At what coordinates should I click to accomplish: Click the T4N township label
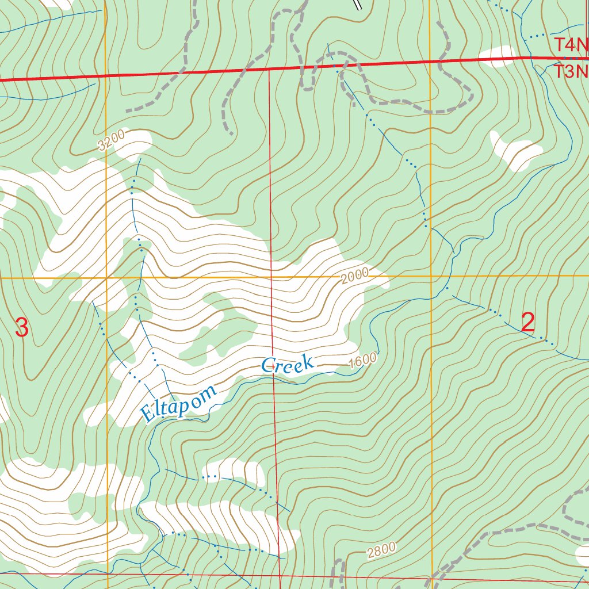[x=572, y=44]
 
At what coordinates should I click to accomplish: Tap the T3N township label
[x=572, y=71]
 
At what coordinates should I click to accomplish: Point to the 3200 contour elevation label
[x=111, y=141]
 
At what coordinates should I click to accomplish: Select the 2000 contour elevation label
[x=354, y=277]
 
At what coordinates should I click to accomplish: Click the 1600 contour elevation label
[x=363, y=360]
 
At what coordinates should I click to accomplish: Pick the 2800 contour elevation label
[x=381, y=550]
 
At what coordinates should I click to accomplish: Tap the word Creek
[x=288, y=364]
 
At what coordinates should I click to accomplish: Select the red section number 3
[x=21, y=328]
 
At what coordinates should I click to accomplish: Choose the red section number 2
[x=528, y=323]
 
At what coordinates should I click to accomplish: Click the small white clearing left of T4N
[x=498, y=56]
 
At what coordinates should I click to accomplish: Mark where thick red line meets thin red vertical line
[x=269, y=70]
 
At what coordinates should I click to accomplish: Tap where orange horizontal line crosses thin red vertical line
[x=272, y=277]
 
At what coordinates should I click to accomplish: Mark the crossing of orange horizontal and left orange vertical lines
[x=107, y=278]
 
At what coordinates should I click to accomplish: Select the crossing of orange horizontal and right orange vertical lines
[x=431, y=276]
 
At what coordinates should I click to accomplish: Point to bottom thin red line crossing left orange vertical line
[x=108, y=574]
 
